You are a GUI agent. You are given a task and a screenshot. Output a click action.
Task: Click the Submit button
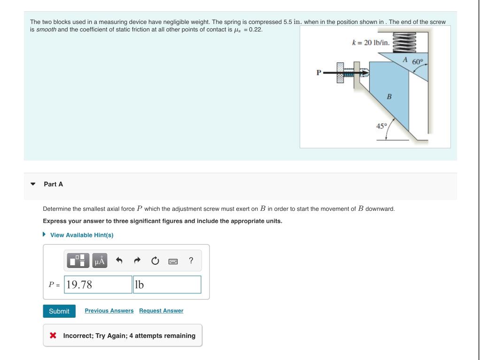(x=59, y=311)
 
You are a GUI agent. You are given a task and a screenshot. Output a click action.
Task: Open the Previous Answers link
(x=109, y=311)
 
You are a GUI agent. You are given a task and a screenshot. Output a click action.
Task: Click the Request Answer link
(x=161, y=311)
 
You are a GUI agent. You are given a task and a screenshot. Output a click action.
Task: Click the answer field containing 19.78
(x=98, y=284)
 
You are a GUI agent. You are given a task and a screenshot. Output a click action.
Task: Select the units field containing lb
(x=167, y=284)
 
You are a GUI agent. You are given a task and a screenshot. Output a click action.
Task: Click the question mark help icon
(x=191, y=260)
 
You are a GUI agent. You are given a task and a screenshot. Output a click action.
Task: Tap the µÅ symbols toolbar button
(x=100, y=260)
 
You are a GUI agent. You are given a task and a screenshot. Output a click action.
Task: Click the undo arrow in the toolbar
(x=119, y=260)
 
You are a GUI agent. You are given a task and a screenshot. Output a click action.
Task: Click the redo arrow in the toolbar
(x=137, y=260)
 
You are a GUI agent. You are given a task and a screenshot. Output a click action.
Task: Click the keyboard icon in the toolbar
(x=172, y=261)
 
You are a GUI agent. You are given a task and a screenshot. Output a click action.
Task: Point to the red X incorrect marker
(x=53, y=336)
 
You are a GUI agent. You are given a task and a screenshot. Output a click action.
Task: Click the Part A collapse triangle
(x=32, y=184)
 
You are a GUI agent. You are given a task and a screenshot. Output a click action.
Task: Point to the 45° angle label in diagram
(x=381, y=126)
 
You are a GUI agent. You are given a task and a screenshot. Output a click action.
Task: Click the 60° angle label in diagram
(x=418, y=62)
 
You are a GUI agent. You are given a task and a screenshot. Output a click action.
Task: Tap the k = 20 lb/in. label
(x=371, y=43)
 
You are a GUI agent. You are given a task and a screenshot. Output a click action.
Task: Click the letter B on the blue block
(x=388, y=97)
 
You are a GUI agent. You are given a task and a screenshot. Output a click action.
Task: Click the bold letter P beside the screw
(x=319, y=73)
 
